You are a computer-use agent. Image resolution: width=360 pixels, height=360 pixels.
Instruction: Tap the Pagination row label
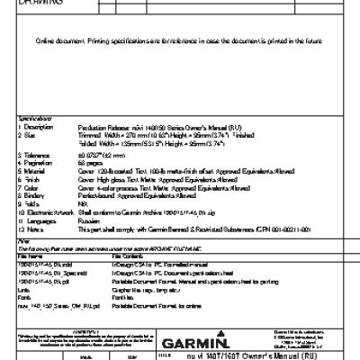[x=34, y=161]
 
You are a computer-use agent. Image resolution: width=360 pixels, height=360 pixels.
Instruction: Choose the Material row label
[x=32, y=167]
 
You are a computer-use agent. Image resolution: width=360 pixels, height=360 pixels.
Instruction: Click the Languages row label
[x=35, y=211]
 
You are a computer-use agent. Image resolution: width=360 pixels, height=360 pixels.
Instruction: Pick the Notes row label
[x=30, y=219]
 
